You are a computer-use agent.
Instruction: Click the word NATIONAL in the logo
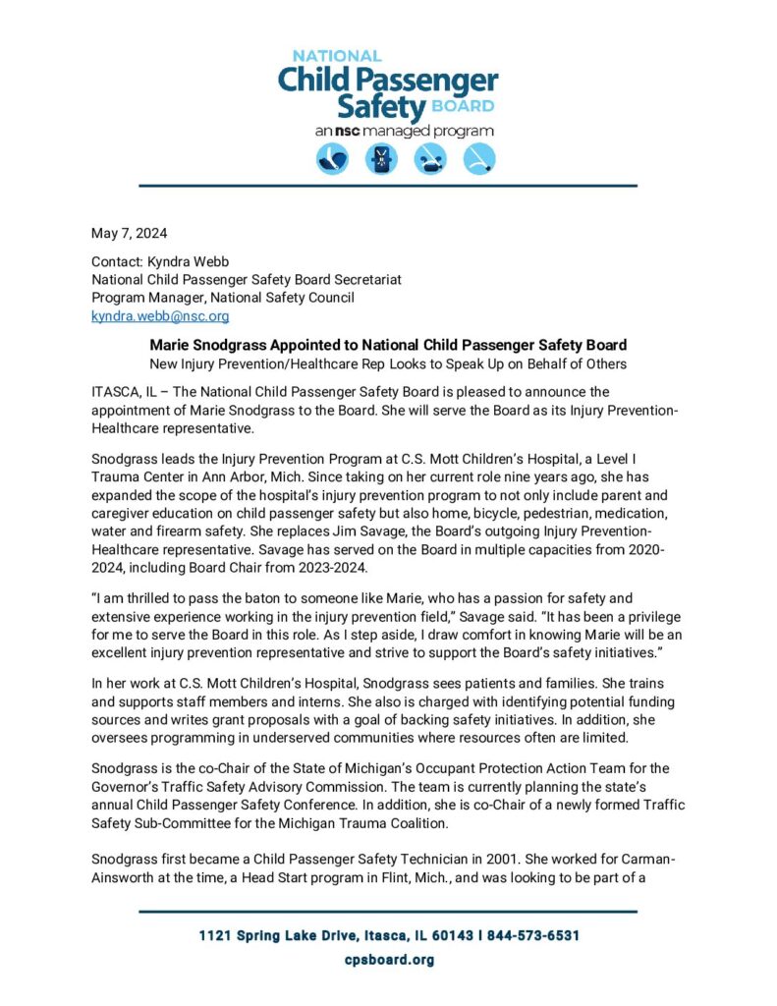pyautogui.click(x=336, y=56)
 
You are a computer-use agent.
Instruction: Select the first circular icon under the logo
pyautogui.click(x=332, y=159)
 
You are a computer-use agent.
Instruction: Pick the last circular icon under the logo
pyautogui.click(x=478, y=159)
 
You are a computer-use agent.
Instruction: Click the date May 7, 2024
pyautogui.click(x=129, y=233)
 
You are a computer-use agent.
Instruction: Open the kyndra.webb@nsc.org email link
pyautogui.click(x=160, y=316)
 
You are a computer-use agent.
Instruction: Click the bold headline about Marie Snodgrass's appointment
pyautogui.click(x=388, y=345)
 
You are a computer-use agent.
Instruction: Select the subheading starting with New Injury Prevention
pyautogui.click(x=388, y=363)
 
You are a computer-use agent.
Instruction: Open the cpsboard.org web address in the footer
pyautogui.click(x=388, y=959)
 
